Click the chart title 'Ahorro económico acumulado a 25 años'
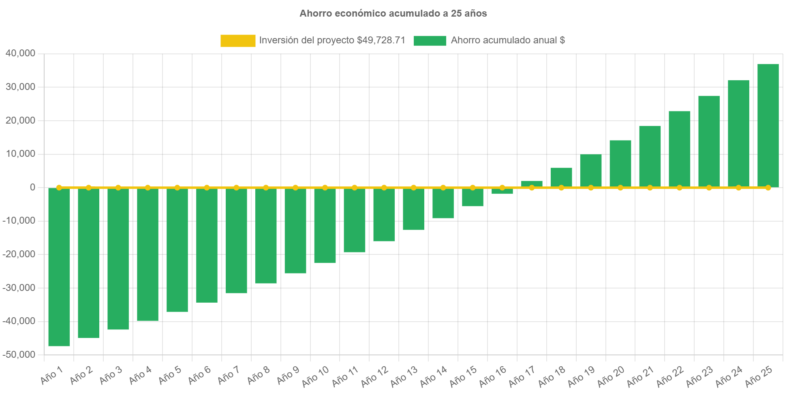click(x=393, y=13)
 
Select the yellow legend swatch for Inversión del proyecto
click(x=238, y=41)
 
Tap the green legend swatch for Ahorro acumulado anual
click(x=430, y=41)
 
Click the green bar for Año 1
click(x=59, y=267)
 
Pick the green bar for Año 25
click(x=768, y=126)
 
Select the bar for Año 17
click(x=532, y=184)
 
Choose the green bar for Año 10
click(x=325, y=226)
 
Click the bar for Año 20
click(x=620, y=164)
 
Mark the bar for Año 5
click(x=177, y=250)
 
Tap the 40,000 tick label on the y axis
click(x=21, y=53)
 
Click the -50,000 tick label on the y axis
click(x=19, y=355)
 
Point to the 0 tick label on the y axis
click(x=32, y=187)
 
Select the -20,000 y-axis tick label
click(x=19, y=254)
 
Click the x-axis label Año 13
click(x=404, y=376)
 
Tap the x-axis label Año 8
click(x=258, y=376)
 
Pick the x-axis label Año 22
click(x=670, y=376)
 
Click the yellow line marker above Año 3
click(x=118, y=188)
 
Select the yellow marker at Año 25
click(x=768, y=188)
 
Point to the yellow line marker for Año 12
click(x=384, y=188)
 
